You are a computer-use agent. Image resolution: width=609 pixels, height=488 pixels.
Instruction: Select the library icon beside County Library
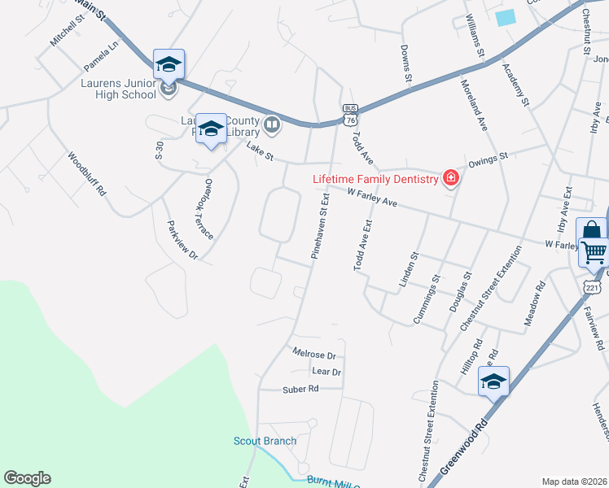coord(272,125)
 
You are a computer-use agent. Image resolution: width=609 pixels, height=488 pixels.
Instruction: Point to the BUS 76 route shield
coord(350,114)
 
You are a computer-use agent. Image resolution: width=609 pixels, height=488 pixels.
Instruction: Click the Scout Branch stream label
coord(265,442)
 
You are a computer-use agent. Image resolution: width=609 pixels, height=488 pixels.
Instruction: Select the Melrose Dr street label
coord(314,355)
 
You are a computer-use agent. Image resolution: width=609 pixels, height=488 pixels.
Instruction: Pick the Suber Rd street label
coord(300,389)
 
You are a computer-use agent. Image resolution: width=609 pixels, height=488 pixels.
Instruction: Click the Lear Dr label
coord(326,372)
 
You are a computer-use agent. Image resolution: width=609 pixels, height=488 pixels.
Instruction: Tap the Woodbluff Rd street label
coord(87,174)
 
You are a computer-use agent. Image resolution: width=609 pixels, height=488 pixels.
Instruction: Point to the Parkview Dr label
coord(182,240)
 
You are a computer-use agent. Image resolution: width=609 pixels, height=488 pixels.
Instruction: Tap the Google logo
coord(27,478)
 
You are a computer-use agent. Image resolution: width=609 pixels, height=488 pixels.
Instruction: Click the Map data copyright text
coord(574,481)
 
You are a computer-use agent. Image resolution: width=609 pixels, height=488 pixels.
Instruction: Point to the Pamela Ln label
coord(102,55)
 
